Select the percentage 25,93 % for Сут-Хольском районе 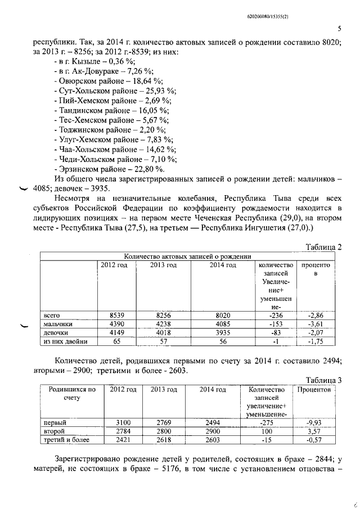coord(160,90)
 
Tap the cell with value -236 coord(274,316)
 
